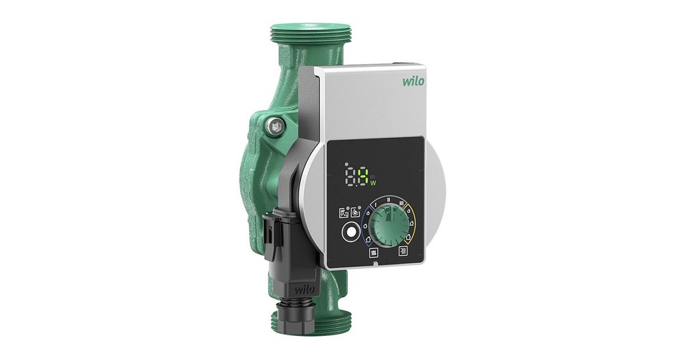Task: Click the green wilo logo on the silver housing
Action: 413,82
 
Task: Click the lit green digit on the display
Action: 362,177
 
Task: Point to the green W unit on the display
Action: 373,183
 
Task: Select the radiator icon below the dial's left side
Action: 374,252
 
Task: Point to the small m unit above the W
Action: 373,175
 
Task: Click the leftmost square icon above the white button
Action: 343,212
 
